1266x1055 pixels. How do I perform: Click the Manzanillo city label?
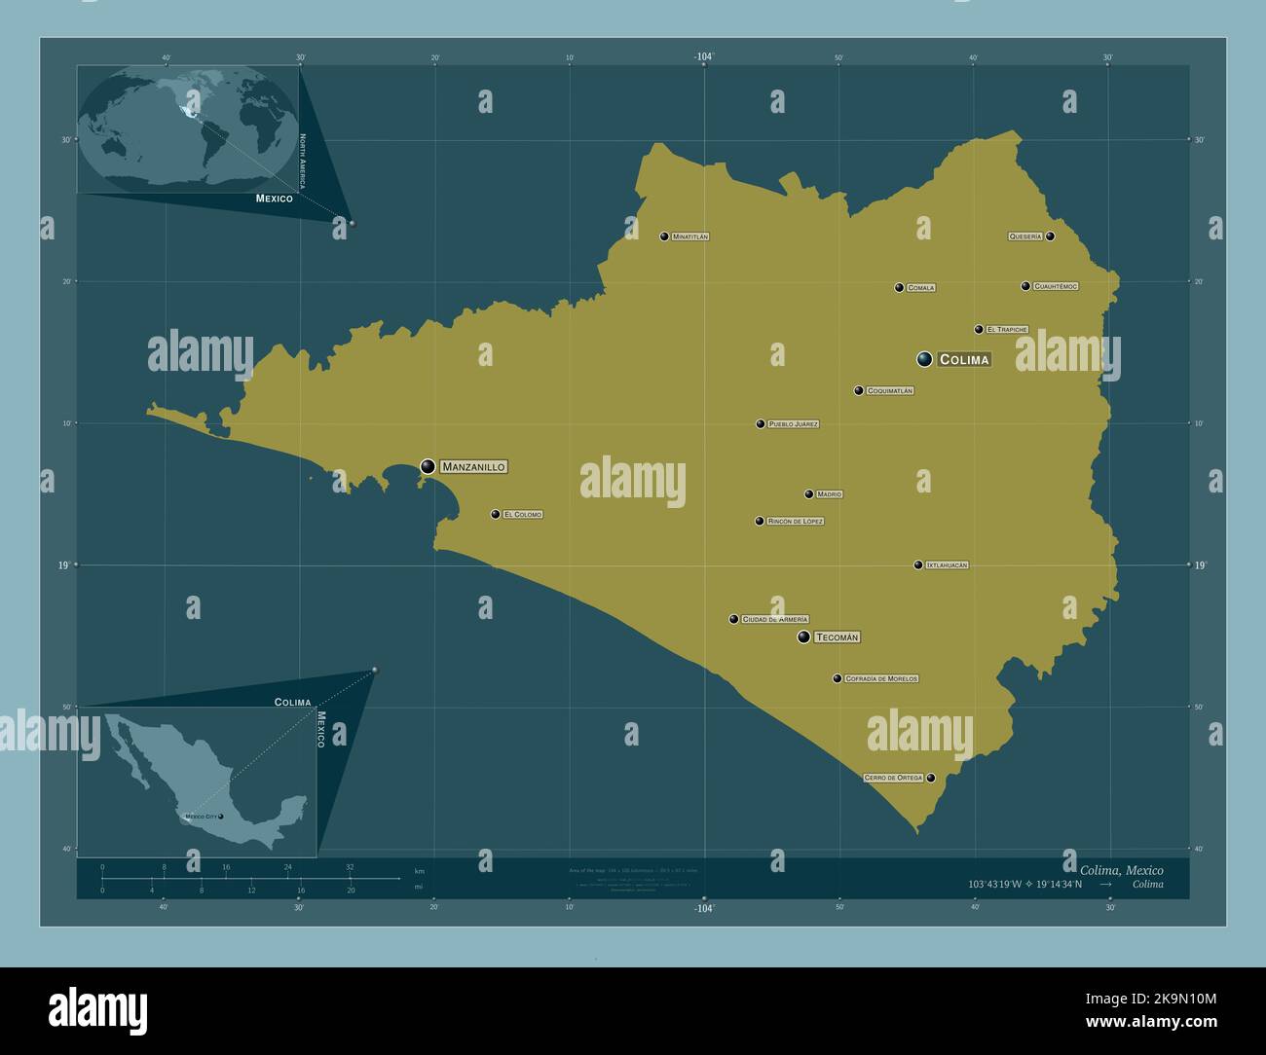tap(473, 467)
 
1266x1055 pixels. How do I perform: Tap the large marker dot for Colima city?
tap(924, 359)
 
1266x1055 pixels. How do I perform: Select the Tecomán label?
tap(838, 637)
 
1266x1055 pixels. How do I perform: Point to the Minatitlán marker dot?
tap(664, 236)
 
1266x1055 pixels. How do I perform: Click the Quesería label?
tap(1025, 236)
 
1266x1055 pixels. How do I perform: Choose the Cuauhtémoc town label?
tap(1056, 286)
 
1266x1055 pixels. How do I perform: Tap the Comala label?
tap(920, 288)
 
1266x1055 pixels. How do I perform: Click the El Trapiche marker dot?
tap(979, 329)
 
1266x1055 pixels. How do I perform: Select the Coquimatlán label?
tap(890, 391)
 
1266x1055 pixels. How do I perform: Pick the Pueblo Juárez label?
tap(793, 424)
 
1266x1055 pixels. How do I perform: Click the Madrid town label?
tap(829, 494)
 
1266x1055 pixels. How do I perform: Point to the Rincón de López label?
tap(796, 522)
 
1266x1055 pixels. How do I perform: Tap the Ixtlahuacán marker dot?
tap(917, 564)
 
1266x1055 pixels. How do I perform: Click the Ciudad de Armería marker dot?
tap(733, 619)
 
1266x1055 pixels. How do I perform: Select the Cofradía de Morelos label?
tap(881, 679)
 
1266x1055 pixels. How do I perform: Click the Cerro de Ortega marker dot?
tap(931, 778)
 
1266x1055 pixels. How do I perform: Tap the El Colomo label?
tap(523, 515)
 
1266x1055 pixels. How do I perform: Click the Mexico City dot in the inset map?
tap(221, 817)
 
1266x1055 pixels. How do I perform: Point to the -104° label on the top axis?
tap(704, 56)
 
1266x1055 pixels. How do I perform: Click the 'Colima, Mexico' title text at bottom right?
tap(1121, 870)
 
